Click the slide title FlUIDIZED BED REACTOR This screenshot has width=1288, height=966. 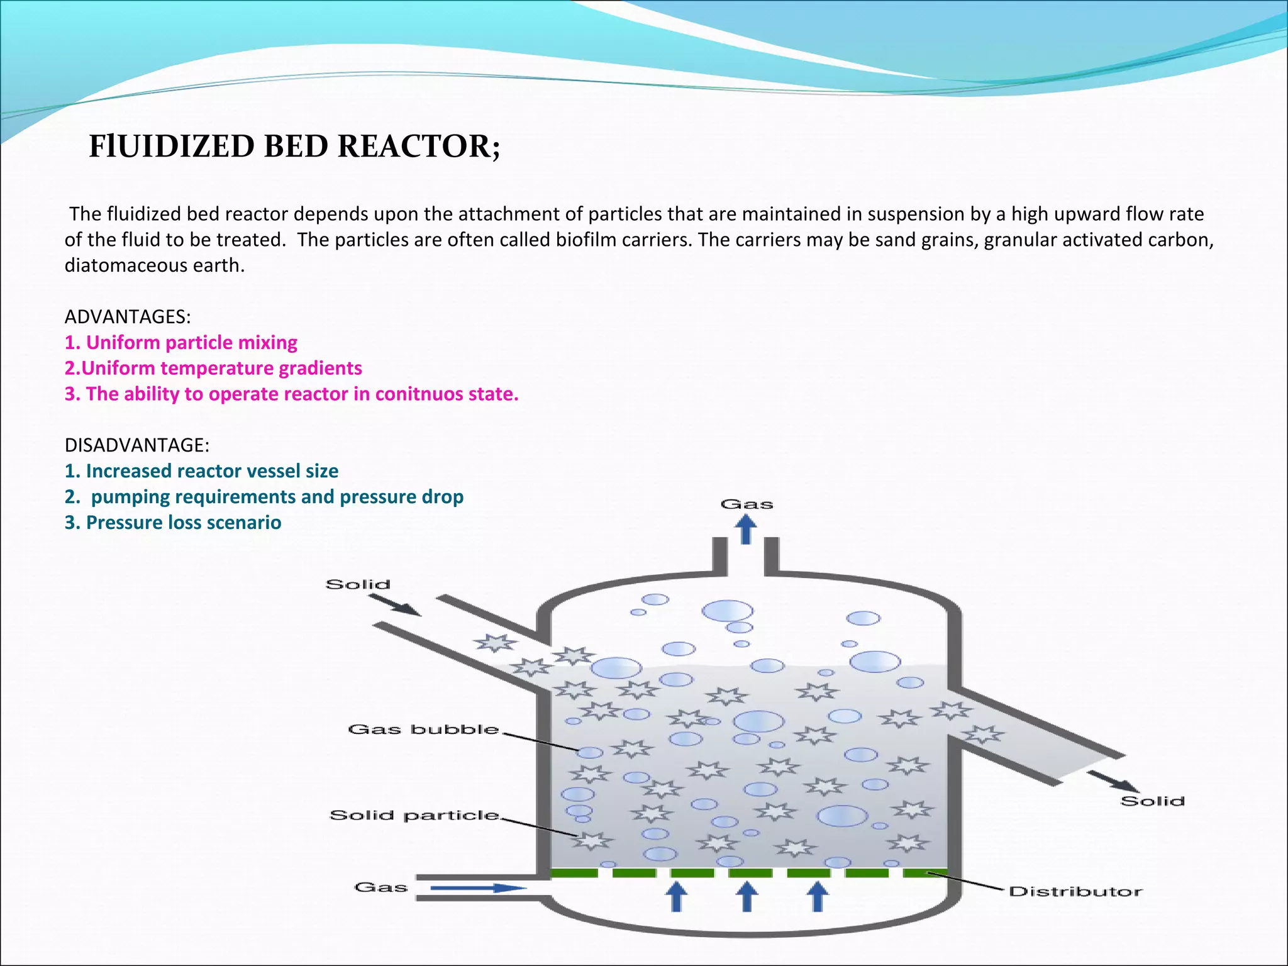click(294, 147)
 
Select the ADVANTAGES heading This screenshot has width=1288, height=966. click(128, 316)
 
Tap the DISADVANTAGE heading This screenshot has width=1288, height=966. click(137, 445)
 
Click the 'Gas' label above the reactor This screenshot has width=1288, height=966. click(747, 504)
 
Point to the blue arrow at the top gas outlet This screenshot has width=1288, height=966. click(747, 528)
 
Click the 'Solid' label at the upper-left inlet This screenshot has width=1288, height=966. click(358, 584)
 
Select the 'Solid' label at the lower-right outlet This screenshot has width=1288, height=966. click(1152, 801)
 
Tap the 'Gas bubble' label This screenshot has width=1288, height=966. click(423, 730)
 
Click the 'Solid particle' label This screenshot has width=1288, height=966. click(414, 816)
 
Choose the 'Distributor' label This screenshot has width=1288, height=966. click(1075, 891)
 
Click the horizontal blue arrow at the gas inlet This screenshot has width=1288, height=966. click(478, 888)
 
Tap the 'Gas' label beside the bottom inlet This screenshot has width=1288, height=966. click(381, 887)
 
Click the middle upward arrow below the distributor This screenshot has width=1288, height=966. click(747, 896)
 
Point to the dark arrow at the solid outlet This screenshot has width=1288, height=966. click(1113, 781)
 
